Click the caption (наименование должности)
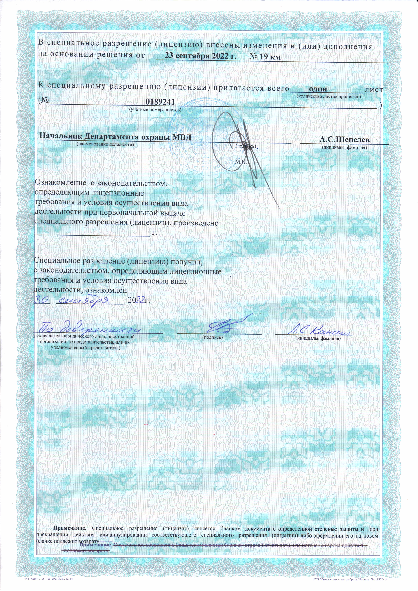(106, 144)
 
